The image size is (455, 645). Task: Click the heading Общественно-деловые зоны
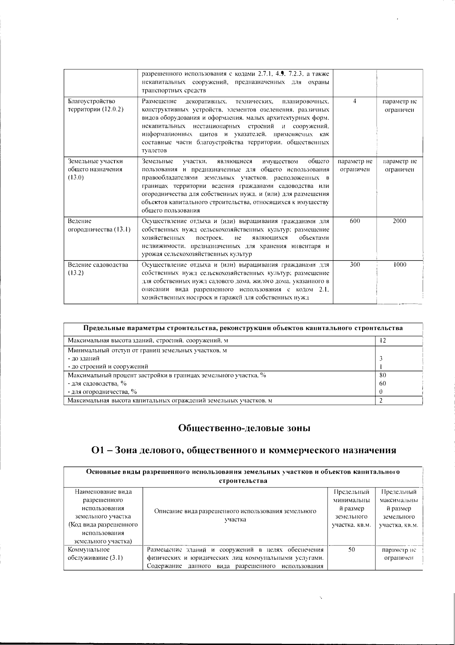[244, 428]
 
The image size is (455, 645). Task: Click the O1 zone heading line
[244, 450]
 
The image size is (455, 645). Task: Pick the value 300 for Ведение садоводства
[355, 265]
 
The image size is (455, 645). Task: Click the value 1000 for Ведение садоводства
[399, 265]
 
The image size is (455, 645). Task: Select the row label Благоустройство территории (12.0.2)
[96, 105]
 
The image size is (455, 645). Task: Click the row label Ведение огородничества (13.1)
[99, 225]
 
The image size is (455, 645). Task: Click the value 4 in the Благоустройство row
[354, 102]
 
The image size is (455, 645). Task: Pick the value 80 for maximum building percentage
[383, 375]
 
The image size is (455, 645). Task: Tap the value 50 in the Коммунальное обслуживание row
[351, 550]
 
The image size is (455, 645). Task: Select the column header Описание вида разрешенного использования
[235, 515]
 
